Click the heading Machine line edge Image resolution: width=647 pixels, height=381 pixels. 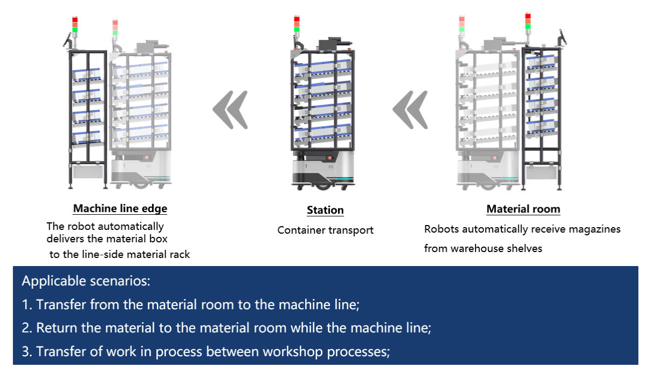(x=120, y=208)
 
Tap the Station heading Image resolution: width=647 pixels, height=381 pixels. (x=325, y=210)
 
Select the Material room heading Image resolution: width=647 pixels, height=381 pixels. (x=523, y=209)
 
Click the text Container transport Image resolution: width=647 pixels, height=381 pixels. (x=325, y=230)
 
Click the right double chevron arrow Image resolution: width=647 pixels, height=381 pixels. (x=410, y=110)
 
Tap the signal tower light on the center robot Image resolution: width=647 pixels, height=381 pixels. (x=297, y=25)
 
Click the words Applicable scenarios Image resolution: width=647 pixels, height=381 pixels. (x=86, y=281)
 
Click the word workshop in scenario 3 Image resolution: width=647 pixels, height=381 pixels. (x=291, y=352)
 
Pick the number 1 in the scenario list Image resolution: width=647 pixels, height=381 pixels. (x=26, y=305)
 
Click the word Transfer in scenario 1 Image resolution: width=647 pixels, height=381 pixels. (x=60, y=305)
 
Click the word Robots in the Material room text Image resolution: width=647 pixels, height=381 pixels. (x=442, y=229)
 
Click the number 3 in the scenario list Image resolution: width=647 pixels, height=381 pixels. (x=26, y=352)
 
